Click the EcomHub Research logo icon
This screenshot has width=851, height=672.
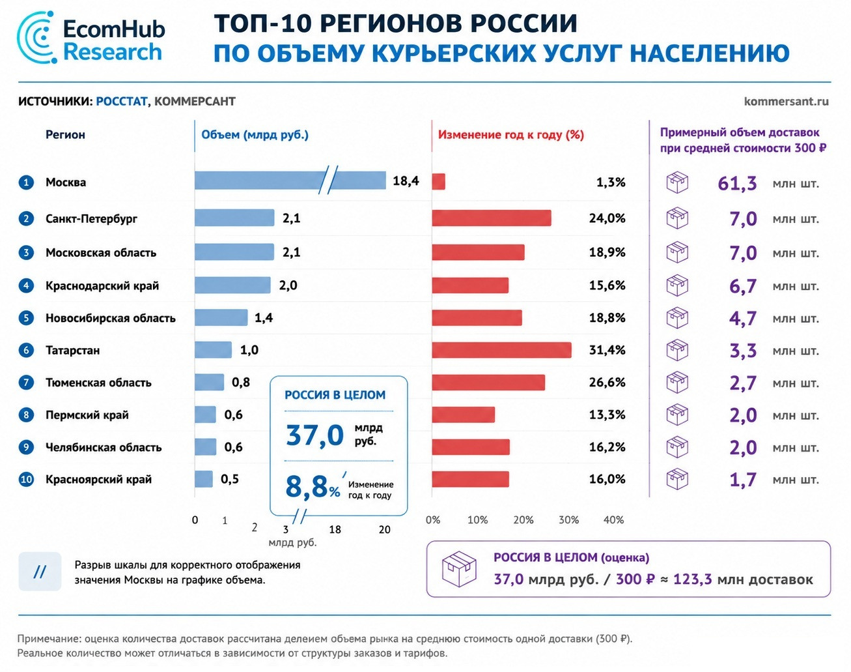coord(36,37)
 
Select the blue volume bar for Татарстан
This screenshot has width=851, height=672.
coord(213,350)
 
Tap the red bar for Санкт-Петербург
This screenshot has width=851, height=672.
coord(492,218)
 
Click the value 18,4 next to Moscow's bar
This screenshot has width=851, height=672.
coord(406,181)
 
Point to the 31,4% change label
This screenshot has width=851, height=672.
coord(607,350)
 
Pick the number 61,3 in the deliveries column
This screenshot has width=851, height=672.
coord(737,183)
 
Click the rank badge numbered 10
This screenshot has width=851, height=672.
coord(26,480)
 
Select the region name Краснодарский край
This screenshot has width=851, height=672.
coord(102,285)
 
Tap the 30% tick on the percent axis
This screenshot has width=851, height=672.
coord(568,520)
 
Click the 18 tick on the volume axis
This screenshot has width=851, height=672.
coord(335,530)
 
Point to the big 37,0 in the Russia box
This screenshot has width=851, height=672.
coord(314,435)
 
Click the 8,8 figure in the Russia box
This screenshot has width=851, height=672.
coord(307,486)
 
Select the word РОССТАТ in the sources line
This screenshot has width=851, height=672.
coord(122,102)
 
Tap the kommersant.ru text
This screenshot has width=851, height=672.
coord(786,102)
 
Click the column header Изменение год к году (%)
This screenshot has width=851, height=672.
coord(511,135)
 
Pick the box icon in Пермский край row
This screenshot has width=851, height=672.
coord(677,415)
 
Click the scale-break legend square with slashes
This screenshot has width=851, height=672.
coord(40,572)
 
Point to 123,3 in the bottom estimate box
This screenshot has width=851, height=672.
coord(692,579)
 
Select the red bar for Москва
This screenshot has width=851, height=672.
coord(439,182)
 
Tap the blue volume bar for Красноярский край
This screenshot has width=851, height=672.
coord(204,479)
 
